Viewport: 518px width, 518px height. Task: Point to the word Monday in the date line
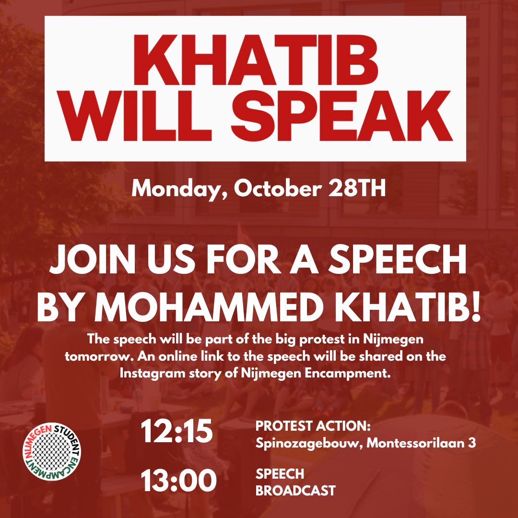(x=179, y=189)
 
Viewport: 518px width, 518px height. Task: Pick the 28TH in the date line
(x=358, y=189)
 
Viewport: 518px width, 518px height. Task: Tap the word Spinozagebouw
(x=309, y=443)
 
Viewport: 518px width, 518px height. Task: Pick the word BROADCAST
(x=295, y=491)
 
